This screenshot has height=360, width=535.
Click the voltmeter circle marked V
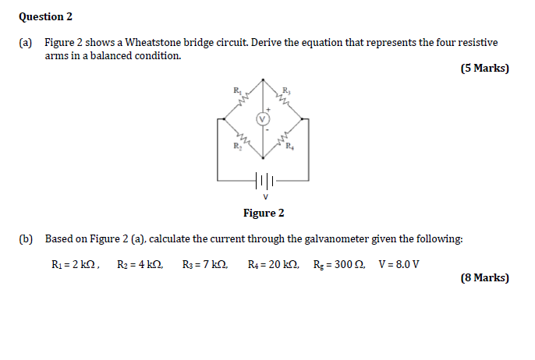(x=264, y=119)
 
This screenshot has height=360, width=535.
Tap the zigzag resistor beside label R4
(x=282, y=137)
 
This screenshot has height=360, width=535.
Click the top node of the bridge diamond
(x=264, y=80)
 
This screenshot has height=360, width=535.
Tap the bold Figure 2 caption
(x=264, y=213)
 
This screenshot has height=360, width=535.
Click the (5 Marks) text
(x=484, y=69)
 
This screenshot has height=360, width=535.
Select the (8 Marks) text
(x=484, y=277)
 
